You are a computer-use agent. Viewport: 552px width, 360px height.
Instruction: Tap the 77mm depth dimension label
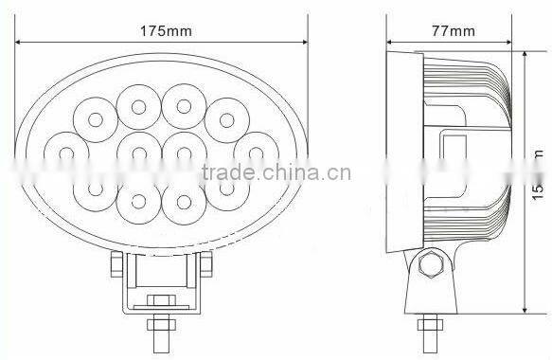pos(454,30)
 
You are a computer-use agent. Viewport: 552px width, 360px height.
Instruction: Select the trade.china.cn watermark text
pos(276,172)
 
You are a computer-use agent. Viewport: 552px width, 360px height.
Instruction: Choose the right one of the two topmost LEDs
pos(180,102)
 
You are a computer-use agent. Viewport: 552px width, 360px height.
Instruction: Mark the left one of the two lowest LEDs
pos(138,201)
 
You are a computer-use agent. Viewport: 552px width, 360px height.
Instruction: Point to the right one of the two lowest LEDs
pos(180,201)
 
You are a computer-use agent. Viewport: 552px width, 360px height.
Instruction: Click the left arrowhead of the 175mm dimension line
pos(17,43)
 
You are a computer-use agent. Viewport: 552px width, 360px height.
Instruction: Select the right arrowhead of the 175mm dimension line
pos(305,43)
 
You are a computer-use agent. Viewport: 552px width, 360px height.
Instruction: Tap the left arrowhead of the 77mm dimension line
pos(390,43)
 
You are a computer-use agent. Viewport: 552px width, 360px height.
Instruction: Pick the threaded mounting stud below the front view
pos(158,332)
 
